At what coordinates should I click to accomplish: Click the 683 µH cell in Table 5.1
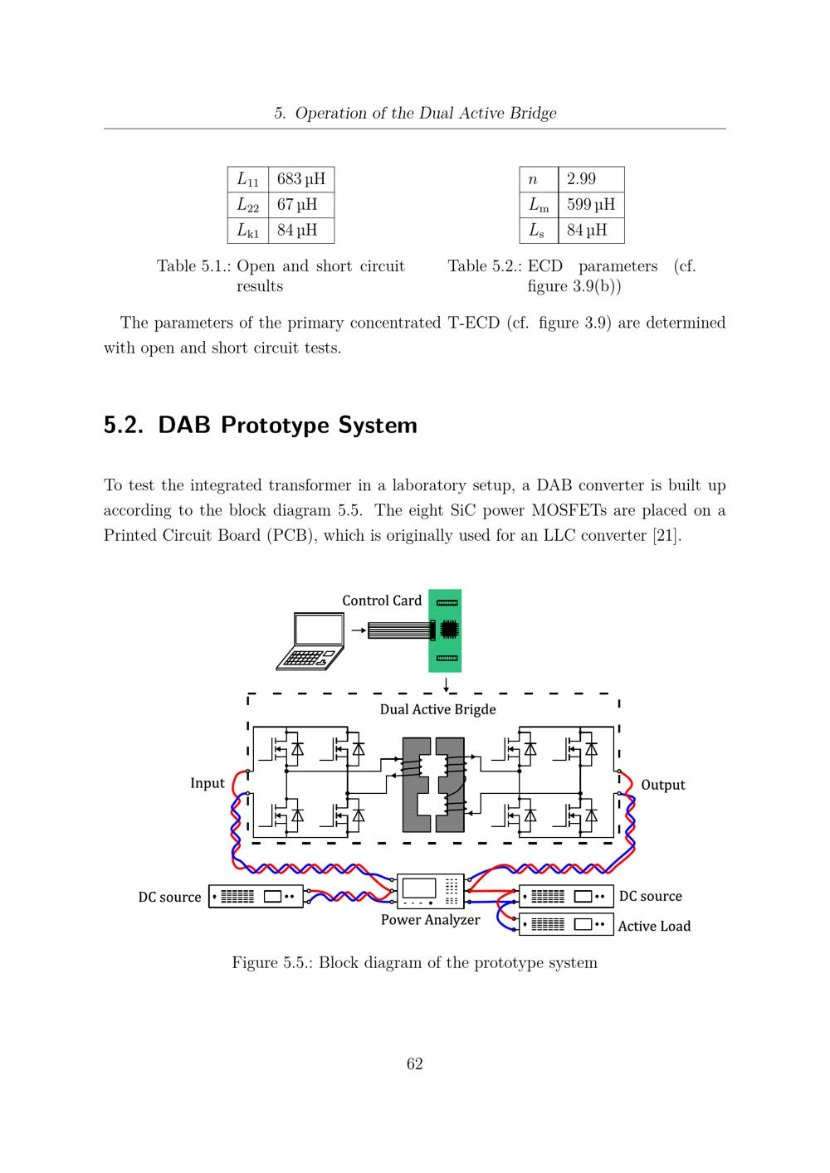click(301, 179)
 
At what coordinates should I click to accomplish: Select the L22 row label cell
click(248, 205)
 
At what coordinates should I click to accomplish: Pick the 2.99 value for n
click(591, 179)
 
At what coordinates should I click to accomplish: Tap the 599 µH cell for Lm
click(591, 205)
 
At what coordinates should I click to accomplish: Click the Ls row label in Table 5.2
click(539, 231)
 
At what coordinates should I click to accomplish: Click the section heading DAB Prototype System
click(261, 426)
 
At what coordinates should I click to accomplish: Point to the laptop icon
click(310, 641)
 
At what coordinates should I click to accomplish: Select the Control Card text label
click(382, 601)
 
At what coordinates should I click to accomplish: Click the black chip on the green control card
click(449, 630)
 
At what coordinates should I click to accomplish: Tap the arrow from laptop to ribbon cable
click(359, 630)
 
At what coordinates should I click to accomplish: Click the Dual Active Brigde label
click(437, 709)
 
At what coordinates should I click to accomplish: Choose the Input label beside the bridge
click(207, 783)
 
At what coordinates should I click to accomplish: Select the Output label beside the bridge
click(663, 785)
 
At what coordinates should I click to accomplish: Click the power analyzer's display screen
click(418, 888)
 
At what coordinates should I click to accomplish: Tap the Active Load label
click(654, 927)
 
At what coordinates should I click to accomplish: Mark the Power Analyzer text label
click(430, 920)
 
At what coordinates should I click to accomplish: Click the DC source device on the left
click(256, 897)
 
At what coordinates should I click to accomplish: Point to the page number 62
click(414, 1064)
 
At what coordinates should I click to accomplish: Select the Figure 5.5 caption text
click(414, 963)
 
